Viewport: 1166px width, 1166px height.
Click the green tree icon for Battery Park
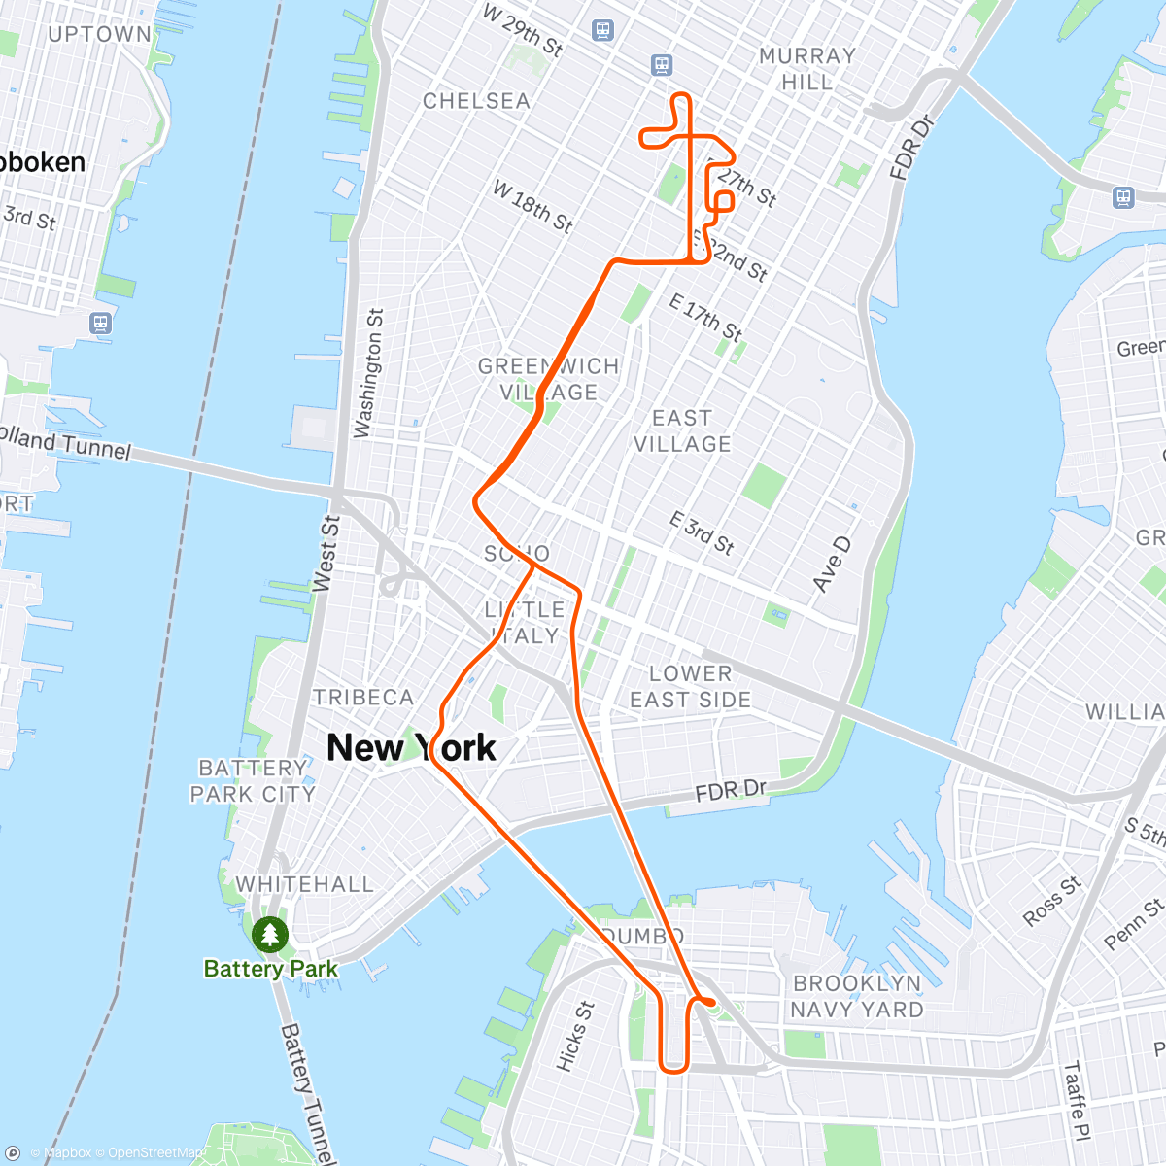tap(269, 935)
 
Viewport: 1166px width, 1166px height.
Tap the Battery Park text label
tap(270, 969)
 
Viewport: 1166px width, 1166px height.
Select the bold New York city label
tap(411, 747)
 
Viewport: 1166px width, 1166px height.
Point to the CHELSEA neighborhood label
tap(476, 101)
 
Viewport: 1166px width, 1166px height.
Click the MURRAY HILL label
tap(807, 69)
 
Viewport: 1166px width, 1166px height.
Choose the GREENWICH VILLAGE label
tap(548, 379)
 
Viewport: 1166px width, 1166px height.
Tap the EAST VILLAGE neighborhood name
tap(682, 430)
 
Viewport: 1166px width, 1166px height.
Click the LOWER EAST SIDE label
tap(690, 686)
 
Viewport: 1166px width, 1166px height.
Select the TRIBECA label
tap(363, 697)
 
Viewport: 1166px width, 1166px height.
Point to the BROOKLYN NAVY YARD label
tap(856, 996)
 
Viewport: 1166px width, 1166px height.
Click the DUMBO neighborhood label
tap(642, 936)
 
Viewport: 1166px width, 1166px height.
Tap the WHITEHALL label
tap(304, 884)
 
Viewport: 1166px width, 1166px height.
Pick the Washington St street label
tap(368, 374)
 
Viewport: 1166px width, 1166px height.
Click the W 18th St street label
tap(532, 206)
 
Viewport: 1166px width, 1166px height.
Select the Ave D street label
tap(831, 565)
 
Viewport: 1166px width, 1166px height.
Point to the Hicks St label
tap(574, 1036)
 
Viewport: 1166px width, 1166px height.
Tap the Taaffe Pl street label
tap(1077, 1100)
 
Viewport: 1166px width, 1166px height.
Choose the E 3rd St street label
tap(702, 532)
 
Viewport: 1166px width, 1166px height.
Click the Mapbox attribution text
tap(68, 1153)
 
